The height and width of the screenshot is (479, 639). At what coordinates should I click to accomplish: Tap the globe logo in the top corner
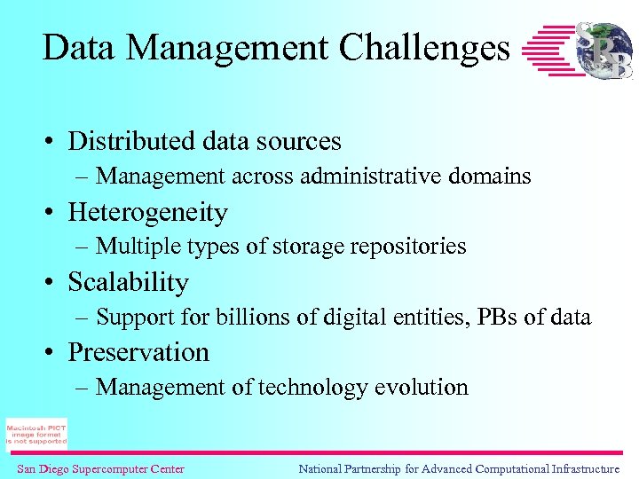tap(604, 50)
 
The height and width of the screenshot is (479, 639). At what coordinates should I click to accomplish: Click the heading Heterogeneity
tap(148, 213)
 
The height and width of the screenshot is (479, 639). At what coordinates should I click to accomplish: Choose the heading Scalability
tap(129, 283)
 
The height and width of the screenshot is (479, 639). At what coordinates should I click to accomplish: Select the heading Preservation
tap(138, 352)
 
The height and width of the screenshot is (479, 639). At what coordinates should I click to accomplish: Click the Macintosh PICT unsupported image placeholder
tap(36, 434)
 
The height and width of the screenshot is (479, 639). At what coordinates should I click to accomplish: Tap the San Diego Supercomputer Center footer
tap(100, 468)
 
